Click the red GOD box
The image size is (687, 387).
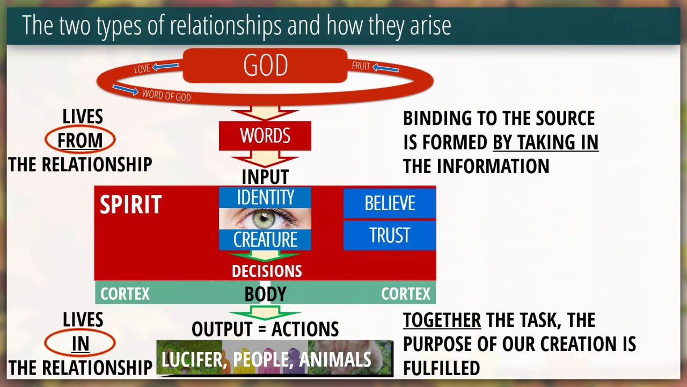pyautogui.click(x=265, y=66)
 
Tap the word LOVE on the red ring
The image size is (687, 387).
pyautogui.click(x=142, y=69)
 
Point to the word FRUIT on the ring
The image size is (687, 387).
pyautogui.click(x=361, y=66)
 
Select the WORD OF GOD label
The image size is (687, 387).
pyautogui.click(x=166, y=96)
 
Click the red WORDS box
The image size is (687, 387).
pyautogui.click(x=265, y=136)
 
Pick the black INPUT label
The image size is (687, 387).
pyautogui.click(x=265, y=177)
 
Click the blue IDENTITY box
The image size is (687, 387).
pyautogui.click(x=265, y=197)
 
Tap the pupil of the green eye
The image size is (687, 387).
pyautogui.click(x=263, y=219)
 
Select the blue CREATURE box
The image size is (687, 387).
pyautogui.click(x=265, y=240)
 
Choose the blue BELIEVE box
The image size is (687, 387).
pyautogui.click(x=390, y=203)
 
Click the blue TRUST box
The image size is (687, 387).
pyautogui.click(x=390, y=235)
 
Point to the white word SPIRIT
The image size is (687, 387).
pyautogui.click(x=130, y=204)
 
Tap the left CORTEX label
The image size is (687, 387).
pyautogui.click(x=125, y=293)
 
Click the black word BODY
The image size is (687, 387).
pyautogui.click(x=265, y=294)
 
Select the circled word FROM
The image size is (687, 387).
pyautogui.click(x=80, y=140)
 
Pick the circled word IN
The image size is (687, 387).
pyautogui.click(x=81, y=343)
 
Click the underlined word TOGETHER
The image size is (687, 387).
pyautogui.click(x=442, y=320)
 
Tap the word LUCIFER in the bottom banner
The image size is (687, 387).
pyautogui.click(x=192, y=360)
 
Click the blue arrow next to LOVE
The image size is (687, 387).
pyautogui.click(x=166, y=66)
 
